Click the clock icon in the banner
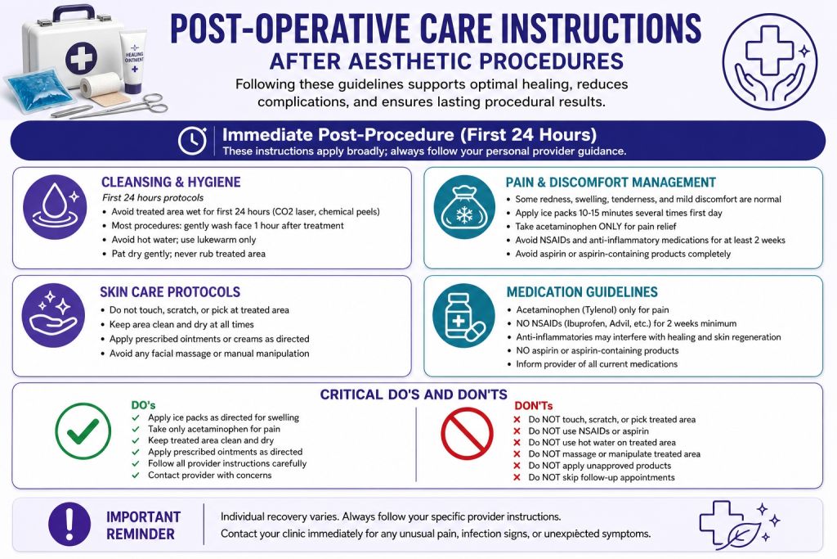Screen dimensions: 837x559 pos(192,141)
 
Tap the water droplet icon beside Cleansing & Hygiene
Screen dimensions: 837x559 pos(55,207)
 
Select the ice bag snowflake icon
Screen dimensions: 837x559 pos(464,207)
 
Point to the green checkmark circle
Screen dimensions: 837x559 pos(83,431)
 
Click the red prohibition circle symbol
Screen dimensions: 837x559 pos(467,434)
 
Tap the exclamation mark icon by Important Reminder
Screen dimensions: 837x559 pos(69,524)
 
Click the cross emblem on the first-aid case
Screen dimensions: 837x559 pos(81,58)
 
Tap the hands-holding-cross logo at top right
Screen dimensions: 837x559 pos(770,61)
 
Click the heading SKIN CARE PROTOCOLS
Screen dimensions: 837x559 pos(170,292)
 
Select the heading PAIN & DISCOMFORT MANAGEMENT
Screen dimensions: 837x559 pos(611,183)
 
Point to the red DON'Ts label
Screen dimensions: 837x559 pos(533,406)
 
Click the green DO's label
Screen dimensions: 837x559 pos(143,404)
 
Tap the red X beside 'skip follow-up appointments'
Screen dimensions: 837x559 pos(517,477)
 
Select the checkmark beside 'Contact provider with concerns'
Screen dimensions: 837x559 pos(136,475)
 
